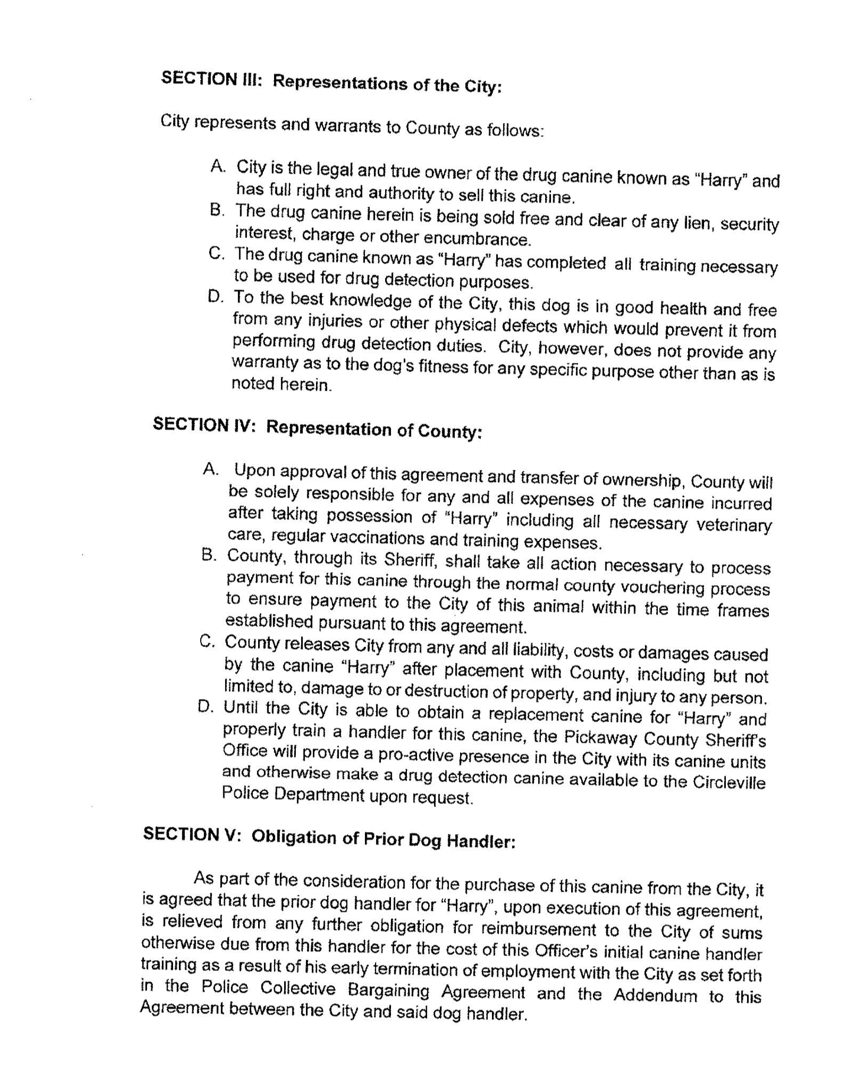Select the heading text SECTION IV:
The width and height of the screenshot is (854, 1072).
204,425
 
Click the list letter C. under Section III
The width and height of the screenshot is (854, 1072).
217,254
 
